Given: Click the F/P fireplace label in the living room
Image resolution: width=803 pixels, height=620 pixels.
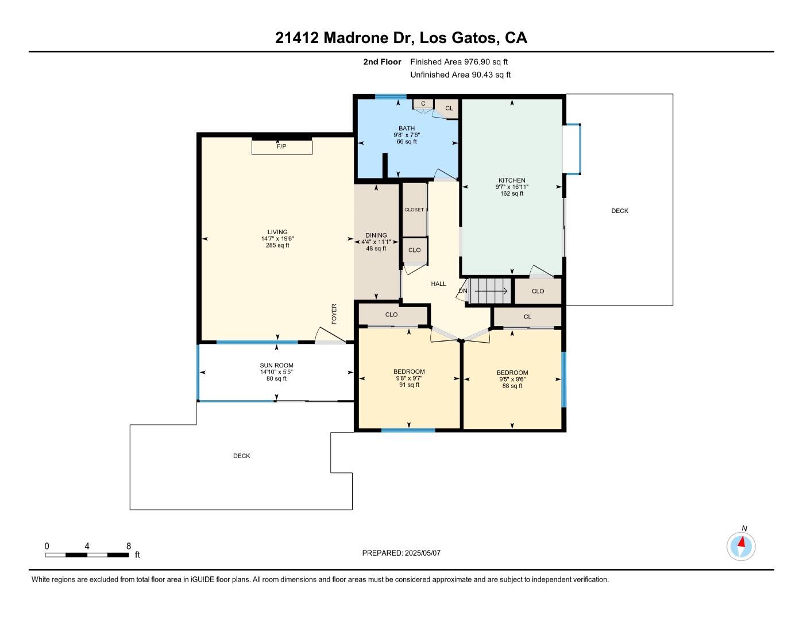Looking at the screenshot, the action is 281,146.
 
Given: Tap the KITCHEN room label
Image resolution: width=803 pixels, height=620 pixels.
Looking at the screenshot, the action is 512,180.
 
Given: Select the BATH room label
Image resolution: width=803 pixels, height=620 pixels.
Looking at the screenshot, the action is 407,129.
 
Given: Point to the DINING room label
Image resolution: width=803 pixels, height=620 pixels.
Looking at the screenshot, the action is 376,235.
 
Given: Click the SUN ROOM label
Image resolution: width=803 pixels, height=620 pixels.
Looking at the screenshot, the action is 276,366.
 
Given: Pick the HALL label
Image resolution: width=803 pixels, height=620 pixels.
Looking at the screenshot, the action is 438,284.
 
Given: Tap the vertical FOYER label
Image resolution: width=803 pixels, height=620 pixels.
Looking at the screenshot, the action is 334,314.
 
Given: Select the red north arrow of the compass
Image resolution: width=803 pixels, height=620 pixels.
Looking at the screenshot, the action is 742,542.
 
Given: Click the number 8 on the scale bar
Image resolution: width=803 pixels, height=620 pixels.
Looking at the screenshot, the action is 129,546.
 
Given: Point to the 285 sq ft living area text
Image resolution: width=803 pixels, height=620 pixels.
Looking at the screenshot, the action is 277,245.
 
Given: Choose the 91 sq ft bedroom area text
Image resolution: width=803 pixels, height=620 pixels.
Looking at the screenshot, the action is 409,385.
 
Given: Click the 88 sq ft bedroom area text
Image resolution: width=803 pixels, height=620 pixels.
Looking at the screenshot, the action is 512,386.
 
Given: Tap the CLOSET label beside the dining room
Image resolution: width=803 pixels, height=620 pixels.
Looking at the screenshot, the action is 414,210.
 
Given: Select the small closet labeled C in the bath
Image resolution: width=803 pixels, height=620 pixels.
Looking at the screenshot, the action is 423,104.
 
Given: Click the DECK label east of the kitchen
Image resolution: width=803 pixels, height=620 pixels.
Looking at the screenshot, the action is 620,211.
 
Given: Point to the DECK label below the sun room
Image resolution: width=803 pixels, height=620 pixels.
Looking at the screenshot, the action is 242,456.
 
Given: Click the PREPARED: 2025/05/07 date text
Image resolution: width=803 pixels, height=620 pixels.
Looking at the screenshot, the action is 401,553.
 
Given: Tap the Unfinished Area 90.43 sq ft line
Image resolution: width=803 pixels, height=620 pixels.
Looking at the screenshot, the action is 461,75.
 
